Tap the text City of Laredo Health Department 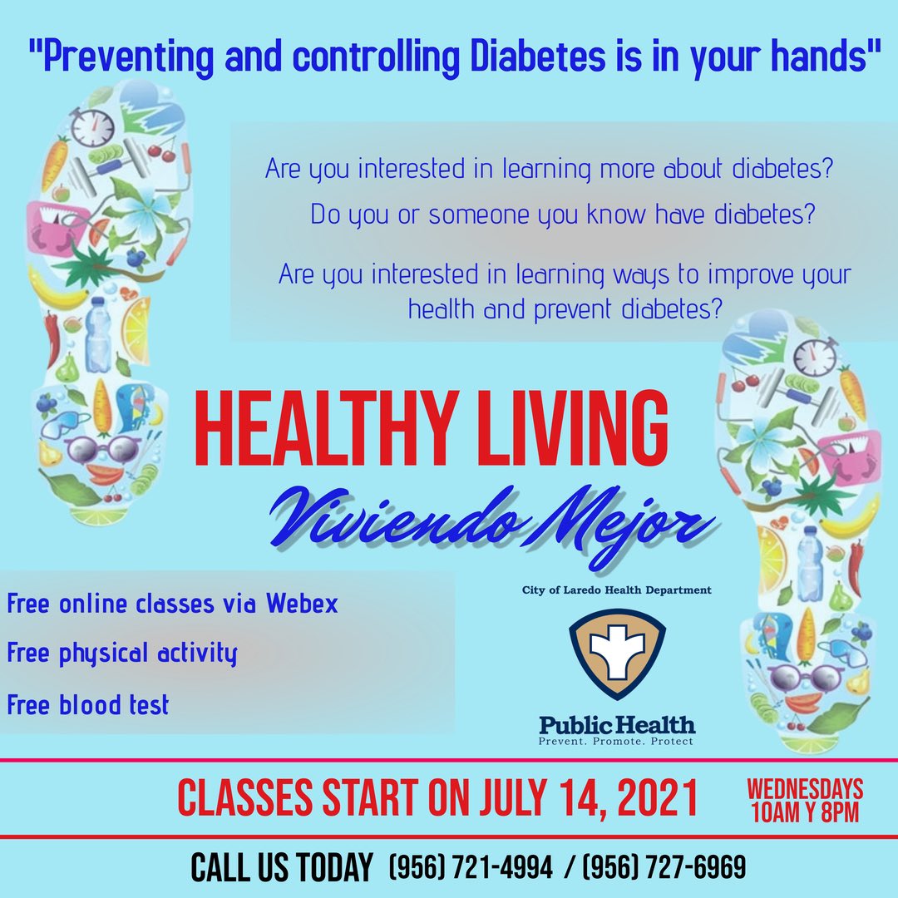[x=617, y=590]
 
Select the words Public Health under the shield [x=617, y=724]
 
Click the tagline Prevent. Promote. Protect [x=617, y=741]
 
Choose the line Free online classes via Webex [x=173, y=604]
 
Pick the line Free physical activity [x=122, y=654]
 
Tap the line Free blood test [x=88, y=705]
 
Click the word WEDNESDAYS [x=804, y=787]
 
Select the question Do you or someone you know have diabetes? [x=562, y=215]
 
